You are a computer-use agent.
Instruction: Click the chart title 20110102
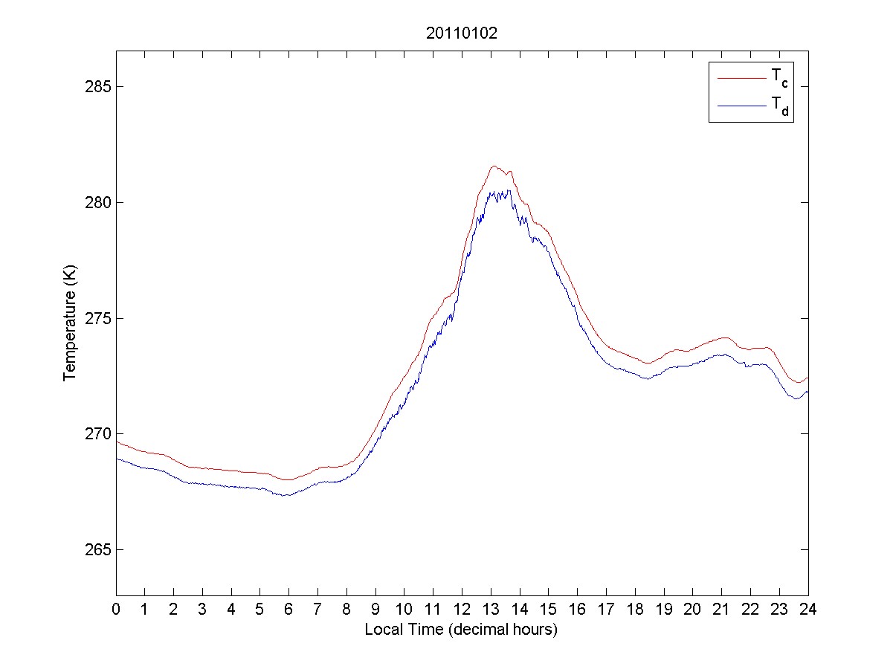tap(461, 33)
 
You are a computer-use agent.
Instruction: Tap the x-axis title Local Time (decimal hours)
tap(461, 630)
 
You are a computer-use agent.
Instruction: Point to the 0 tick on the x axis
tap(116, 609)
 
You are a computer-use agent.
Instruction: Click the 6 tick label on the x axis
tap(289, 609)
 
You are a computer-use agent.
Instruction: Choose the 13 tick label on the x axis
tap(491, 609)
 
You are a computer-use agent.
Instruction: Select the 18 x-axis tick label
tap(635, 609)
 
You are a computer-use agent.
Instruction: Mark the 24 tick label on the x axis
tap(808, 609)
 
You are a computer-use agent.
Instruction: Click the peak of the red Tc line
tap(494, 166)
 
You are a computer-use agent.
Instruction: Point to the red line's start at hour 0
tap(117, 442)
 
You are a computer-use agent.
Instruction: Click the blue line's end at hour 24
tap(807, 392)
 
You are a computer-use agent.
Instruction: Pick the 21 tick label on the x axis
tap(721, 609)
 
